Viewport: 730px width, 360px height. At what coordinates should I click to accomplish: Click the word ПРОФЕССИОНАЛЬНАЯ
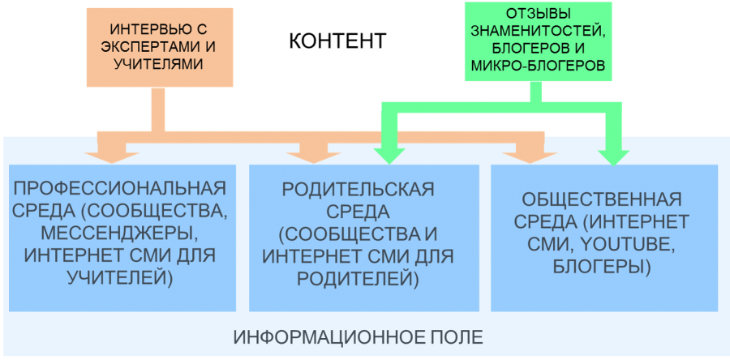(x=120, y=189)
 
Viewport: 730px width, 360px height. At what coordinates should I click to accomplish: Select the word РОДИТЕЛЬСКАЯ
(x=358, y=189)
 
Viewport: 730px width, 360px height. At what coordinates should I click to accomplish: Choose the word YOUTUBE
(x=623, y=244)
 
